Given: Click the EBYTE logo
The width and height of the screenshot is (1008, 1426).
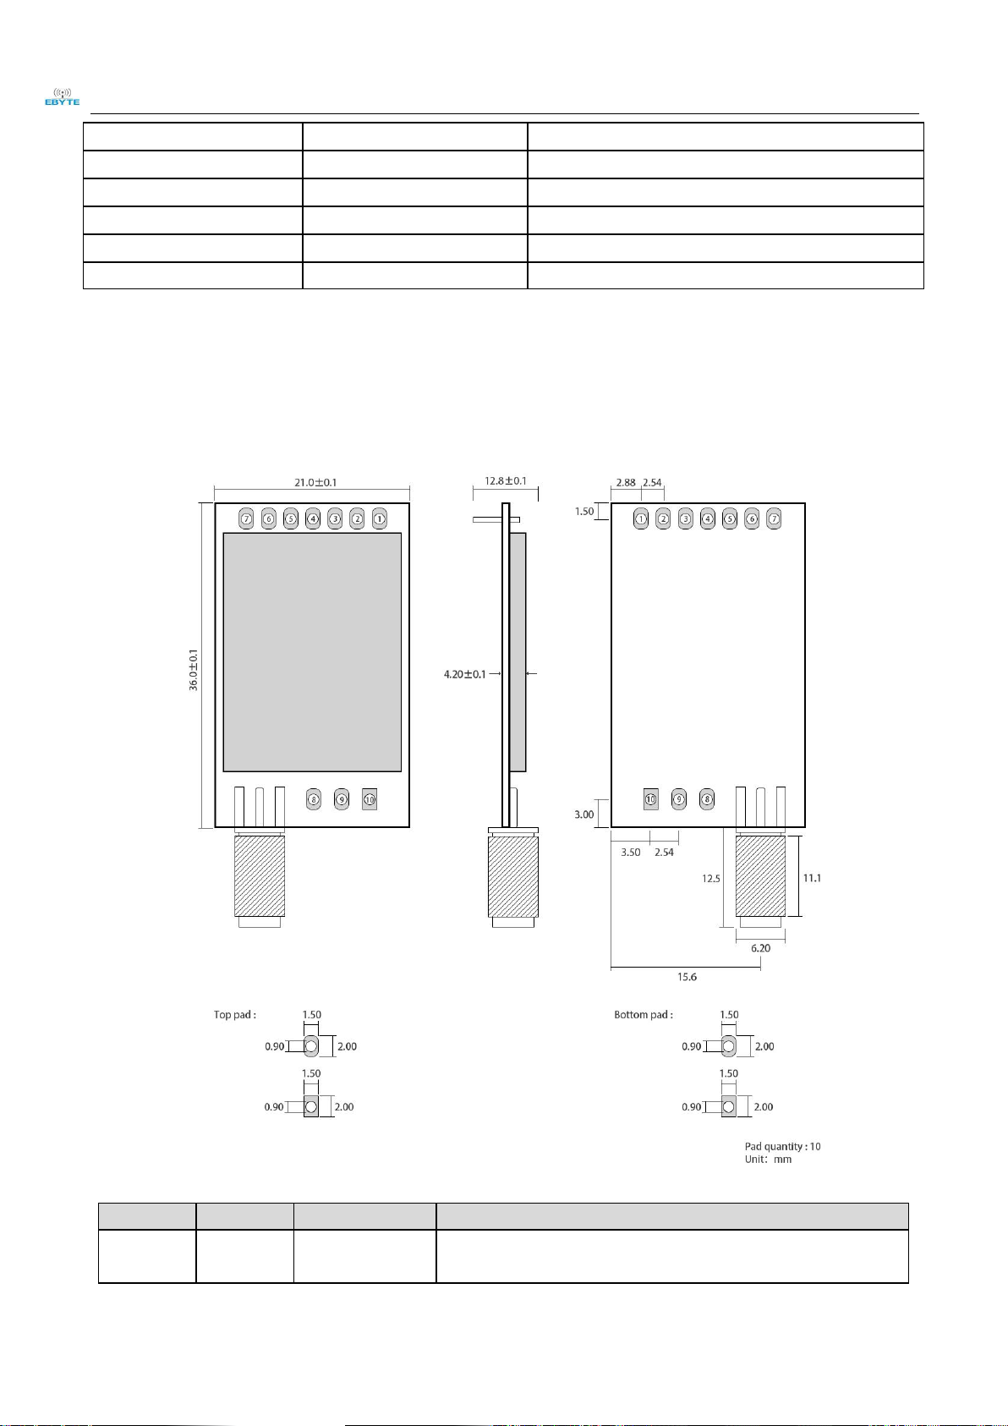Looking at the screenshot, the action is coord(62,96).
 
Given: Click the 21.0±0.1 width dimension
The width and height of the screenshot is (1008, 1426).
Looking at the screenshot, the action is coord(315,482).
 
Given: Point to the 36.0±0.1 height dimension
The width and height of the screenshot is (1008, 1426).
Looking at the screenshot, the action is coord(194,670).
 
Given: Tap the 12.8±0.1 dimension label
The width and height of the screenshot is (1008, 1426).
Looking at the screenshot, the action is coord(506,480).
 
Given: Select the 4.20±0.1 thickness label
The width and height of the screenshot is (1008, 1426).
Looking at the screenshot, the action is coord(464,673).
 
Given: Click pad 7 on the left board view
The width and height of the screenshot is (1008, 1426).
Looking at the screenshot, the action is coord(246,518).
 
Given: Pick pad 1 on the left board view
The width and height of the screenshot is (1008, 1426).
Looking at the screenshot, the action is coord(380,518).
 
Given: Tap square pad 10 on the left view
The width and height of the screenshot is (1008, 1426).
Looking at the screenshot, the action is coord(370,799).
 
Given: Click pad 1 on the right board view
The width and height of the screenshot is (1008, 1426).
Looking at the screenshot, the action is coord(641,518).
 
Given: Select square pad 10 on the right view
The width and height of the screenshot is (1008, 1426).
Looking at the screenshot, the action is coord(650,799).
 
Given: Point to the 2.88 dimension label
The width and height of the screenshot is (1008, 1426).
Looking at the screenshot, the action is coord(626,482).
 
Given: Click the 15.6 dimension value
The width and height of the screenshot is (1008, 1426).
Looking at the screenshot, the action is coord(687,977).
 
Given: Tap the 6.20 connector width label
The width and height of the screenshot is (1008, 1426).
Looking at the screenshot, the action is coord(760,948).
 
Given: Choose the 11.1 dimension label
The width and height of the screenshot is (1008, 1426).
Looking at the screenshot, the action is coord(812,878).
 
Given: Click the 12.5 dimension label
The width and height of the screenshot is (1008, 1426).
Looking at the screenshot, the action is coord(711,879).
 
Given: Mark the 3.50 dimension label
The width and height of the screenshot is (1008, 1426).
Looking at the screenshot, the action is coord(631,852).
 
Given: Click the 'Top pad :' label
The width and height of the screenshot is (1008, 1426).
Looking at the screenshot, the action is coord(235,1015).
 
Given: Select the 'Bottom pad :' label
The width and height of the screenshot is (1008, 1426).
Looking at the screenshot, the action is coord(644,1015).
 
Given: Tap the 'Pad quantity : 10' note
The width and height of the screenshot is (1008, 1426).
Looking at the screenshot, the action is coord(783,1147).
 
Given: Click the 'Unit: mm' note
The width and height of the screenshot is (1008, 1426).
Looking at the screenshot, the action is coord(768,1160).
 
